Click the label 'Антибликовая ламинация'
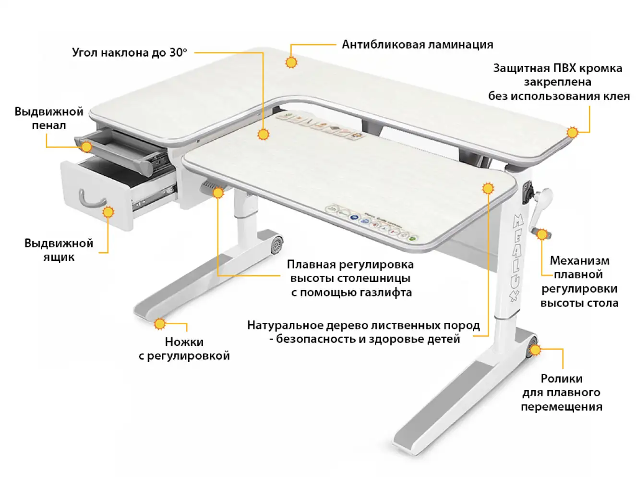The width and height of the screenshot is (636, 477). [417, 45]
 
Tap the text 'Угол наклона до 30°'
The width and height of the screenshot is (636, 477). [129, 52]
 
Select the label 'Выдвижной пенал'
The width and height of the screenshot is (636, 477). [48, 119]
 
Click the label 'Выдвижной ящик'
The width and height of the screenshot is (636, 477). [59, 250]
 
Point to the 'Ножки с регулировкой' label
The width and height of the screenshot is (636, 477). [184, 349]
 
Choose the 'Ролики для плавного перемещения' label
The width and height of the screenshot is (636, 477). [561, 392]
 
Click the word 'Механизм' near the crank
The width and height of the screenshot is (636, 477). [579, 261]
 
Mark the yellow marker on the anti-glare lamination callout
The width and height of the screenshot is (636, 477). [291, 62]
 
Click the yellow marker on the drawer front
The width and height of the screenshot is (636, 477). [108, 212]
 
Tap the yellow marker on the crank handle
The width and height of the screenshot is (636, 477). [542, 235]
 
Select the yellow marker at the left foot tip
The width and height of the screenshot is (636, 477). [160, 324]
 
